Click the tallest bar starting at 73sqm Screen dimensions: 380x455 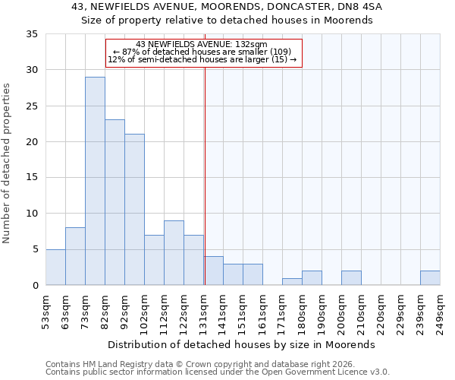95,181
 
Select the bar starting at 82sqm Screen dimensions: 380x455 115,202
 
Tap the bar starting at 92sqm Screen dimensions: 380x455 134,210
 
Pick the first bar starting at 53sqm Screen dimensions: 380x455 55,267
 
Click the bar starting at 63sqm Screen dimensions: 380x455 75,256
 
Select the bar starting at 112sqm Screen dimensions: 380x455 174,252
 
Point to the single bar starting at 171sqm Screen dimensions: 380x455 292,281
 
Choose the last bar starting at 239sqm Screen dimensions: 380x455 430,277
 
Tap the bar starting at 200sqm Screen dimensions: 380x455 351,277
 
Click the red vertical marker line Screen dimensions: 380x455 205,175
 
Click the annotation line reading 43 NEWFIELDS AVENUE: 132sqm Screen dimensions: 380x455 202,44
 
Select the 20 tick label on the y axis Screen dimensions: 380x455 32,142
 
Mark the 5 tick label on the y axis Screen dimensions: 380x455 35,249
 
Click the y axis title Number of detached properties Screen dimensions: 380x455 8,164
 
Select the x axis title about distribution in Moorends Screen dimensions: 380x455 243,344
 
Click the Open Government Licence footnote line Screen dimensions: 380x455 217,372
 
